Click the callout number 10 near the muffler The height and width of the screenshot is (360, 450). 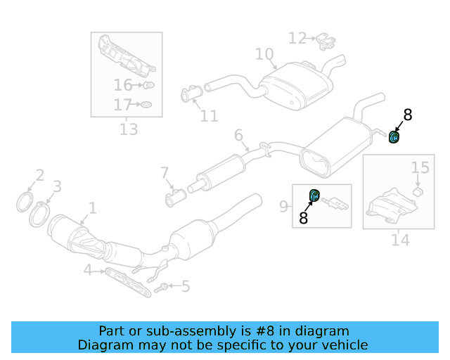264,54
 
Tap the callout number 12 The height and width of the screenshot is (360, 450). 297,38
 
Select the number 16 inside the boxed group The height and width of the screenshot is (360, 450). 123,85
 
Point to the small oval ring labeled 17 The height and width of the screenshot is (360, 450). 146,104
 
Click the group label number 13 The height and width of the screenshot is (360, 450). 129,129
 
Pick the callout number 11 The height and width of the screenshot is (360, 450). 209,116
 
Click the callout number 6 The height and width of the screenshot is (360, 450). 238,135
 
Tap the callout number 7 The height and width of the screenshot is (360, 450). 164,173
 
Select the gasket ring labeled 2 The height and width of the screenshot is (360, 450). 23,202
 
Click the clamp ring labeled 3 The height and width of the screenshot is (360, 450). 39,214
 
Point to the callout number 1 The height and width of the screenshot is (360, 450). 92,208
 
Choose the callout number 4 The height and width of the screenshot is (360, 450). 87,270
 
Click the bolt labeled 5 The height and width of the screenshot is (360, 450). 161,288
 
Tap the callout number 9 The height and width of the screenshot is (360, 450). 283,207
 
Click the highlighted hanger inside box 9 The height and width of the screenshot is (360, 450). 314,195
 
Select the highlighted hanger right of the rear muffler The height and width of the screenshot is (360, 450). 394,136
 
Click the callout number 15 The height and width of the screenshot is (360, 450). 420,167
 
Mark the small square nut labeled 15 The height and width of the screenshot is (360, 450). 418,192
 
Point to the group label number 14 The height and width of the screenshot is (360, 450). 400,240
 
